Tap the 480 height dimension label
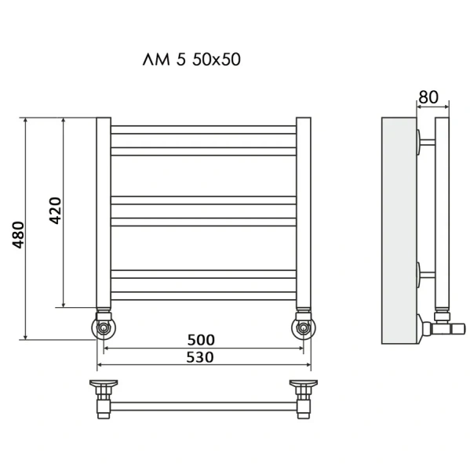tap(19, 235)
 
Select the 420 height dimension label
tap(56, 210)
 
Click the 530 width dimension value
tap(201, 356)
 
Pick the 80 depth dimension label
tap(428, 97)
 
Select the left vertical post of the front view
tap(104, 211)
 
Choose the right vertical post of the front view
tap(304, 211)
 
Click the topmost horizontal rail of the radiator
tap(204, 127)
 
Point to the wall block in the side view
tap(399, 231)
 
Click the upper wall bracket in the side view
tap(427, 143)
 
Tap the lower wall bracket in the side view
tap(427, 275)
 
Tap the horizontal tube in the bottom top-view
tap(204, 406)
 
